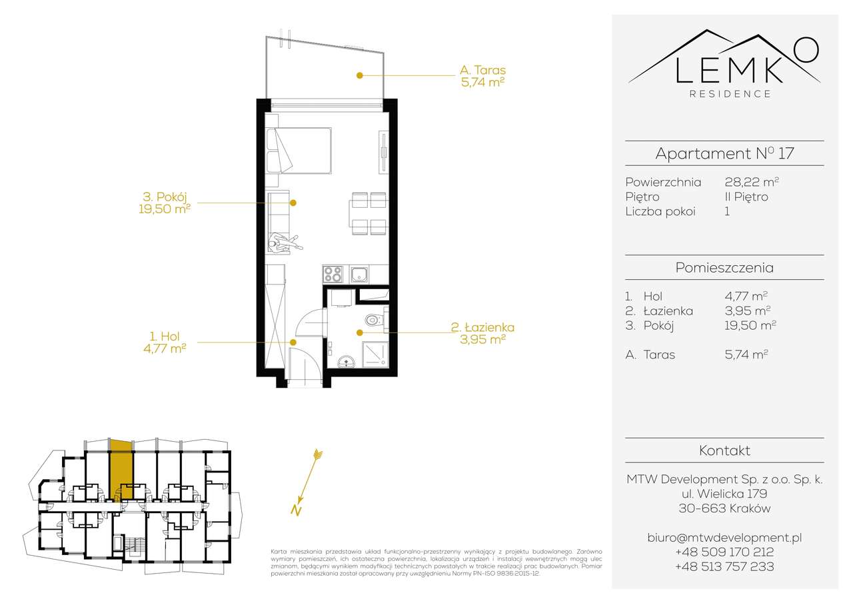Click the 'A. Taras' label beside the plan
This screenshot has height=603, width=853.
(x=482, y=70)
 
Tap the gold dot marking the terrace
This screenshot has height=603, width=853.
(x=359, y=75)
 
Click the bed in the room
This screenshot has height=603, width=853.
(x=301, y=151)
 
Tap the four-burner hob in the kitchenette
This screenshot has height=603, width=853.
(x=333, y=274)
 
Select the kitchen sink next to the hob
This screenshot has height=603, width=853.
(x=361, y=274)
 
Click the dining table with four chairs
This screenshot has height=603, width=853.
(x=369, y=214)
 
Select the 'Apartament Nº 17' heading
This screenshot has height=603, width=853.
(x=724, y=153)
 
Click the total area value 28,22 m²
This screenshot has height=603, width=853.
(x=752, y=182)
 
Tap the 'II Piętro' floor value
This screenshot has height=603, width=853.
(x=746, y=197)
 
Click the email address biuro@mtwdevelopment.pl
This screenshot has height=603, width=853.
(x=724, y=537)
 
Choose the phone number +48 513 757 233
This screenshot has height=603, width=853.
(x=724, y=567)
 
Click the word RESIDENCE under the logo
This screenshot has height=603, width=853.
(x=730, y=94)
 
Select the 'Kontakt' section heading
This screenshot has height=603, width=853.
(x=724, y=451)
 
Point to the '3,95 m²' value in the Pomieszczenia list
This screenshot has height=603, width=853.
(x=747, y=310)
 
